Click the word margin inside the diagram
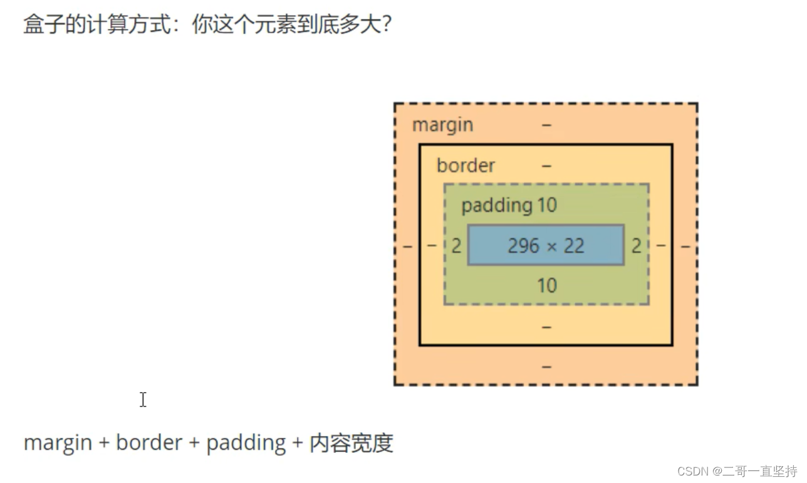click(442, 125)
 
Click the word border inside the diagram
click(466, 166)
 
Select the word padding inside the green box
click(496, 206)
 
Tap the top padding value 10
click(546, 206)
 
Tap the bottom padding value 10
click(546, 286)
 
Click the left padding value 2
click(456, 246)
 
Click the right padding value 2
click(636, 246)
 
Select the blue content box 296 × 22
click(546, 245)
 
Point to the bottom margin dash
click(546, 366)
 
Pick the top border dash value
click(546, 166)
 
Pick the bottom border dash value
click(546, 327)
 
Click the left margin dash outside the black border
click(407, 247)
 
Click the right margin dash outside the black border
click(685, 247)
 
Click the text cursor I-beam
click(143, 400)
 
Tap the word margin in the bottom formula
click(57, 443)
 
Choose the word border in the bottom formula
click(148, 443)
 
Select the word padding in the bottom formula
click(246, 443)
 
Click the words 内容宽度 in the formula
click(351, 443)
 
